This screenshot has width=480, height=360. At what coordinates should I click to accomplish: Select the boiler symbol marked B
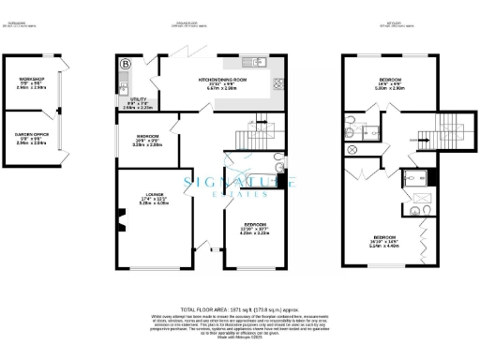(x=126, y=64)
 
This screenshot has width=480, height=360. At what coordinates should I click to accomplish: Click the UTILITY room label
(x=137, y=102)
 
